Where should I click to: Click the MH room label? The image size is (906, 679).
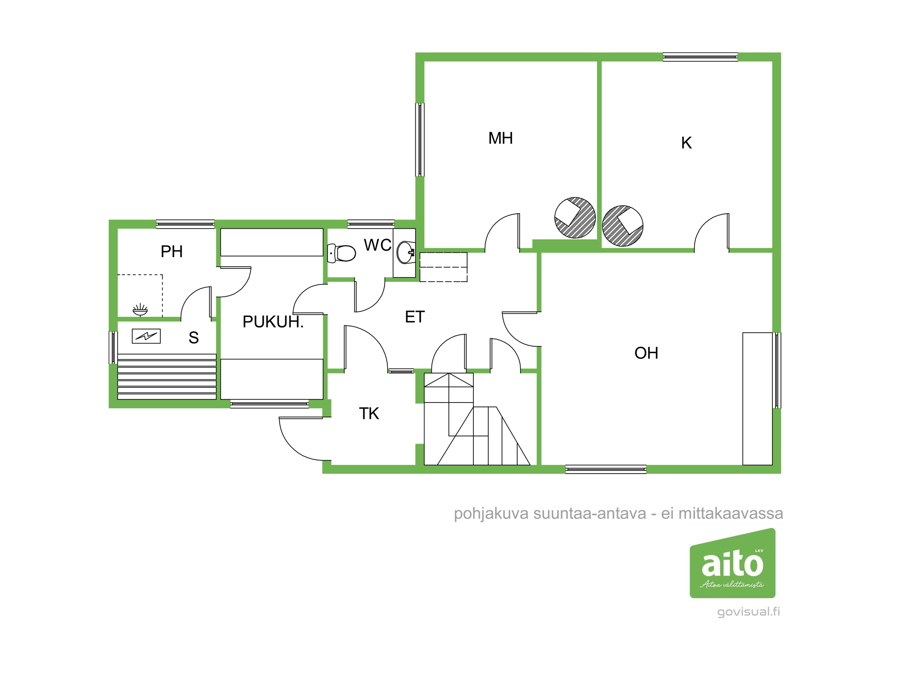coord(501,138)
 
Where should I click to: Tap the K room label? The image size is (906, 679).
coord(686,143)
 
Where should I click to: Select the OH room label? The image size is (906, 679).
coord(646,353)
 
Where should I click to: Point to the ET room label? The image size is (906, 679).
coord(415,317)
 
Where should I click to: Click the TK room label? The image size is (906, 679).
coord(369,413)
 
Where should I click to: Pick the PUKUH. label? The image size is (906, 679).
coord(273,322)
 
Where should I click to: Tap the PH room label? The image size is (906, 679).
coord(172,252)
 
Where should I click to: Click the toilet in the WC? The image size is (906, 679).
coord(342,253)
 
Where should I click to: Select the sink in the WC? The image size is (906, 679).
coord(406,253)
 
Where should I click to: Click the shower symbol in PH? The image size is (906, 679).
coord(140,310)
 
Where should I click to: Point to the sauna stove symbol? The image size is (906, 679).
coord(146,336)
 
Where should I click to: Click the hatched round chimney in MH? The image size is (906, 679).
coord(575,218)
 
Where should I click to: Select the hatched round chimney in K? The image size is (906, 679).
coord(623,226)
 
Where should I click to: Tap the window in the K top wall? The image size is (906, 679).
coord(700,57)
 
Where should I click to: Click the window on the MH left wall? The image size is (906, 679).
coord(420,139)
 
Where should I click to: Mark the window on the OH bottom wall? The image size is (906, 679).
coord(606,469)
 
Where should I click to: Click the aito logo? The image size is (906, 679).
coord(733,563)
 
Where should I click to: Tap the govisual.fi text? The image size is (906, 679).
coord(748,612)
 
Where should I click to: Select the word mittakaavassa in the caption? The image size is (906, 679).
coord(731,513)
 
